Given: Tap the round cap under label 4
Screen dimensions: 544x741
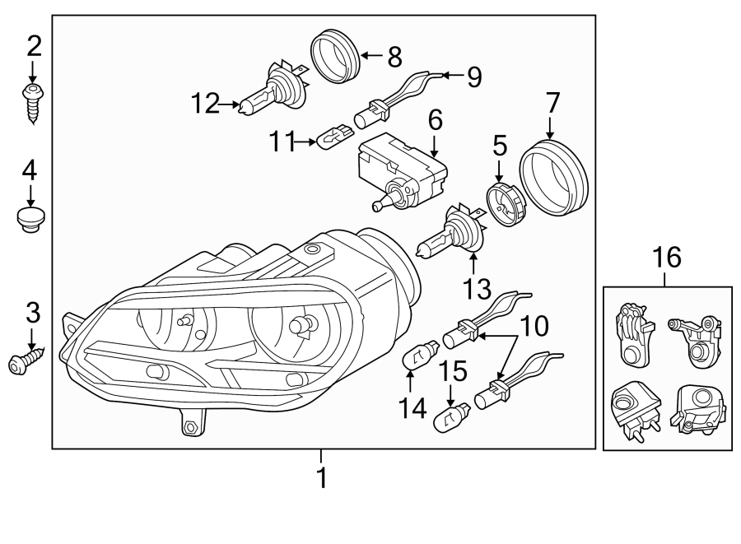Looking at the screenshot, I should [31, 220].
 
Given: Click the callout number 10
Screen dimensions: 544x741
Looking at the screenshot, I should [534, 328].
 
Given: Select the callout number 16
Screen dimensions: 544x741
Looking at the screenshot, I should [667, 258].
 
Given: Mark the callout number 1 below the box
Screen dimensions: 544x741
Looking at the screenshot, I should [322, 477].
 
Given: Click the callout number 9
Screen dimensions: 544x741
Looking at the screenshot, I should [473, 77].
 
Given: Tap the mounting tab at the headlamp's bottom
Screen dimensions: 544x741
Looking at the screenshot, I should [191, 424].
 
